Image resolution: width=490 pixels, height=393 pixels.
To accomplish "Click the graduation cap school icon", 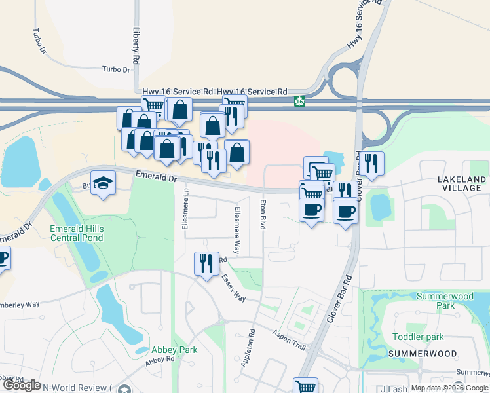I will pyautogui.click(x=104, y=183).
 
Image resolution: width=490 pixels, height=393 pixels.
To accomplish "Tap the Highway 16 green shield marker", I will pyautogui.click(x=299, y=102).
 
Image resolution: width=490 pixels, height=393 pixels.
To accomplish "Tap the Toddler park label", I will pyautogui.click(x=418, y=337).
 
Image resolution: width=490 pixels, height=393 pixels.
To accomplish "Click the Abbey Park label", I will pyautogui.click(x=174, y=350).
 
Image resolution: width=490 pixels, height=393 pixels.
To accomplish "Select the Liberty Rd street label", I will pyautogui.click(x=136, y=45).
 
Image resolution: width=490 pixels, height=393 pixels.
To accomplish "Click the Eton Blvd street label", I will pyautogui.click(x=263, y=214).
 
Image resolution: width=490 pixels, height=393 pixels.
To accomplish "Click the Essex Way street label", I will pyautogui.click(x=233, y=288).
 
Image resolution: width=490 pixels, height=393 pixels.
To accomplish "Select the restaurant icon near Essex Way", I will pyautogui.click(x=206, y=263).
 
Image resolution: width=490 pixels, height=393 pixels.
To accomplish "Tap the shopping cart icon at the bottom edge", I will pyautogui.click(x=306, y=386).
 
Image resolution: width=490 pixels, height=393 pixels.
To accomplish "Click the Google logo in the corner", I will pyautogui.click(x=21, y=386).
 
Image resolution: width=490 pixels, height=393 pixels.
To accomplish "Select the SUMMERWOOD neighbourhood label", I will pyautogui.click(x=422, y=354).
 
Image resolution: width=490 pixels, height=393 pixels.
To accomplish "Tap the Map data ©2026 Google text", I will pyautogui.click(x=449, y=388).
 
